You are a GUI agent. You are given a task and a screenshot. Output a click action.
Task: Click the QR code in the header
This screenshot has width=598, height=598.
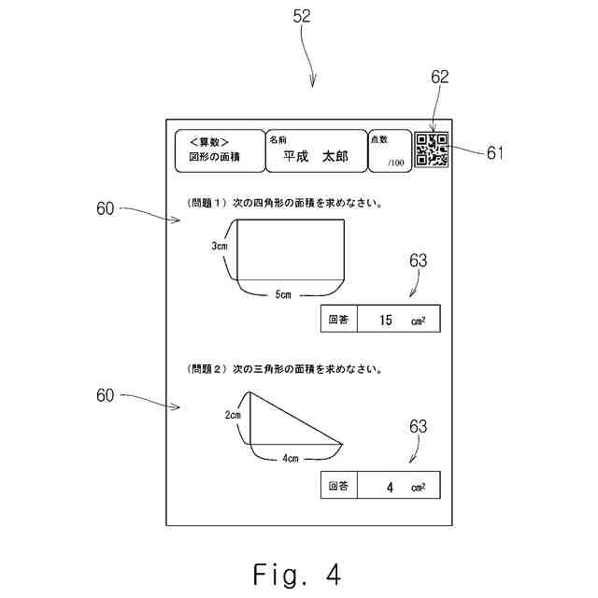(x=432, y=149)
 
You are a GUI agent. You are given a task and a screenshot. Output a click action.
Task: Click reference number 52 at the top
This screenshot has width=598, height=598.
(x=302, y=16)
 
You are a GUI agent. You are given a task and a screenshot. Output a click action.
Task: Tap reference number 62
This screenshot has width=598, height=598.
(x=440, y=77)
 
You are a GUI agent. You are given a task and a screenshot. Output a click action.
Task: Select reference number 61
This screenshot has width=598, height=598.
(x=495, y=153)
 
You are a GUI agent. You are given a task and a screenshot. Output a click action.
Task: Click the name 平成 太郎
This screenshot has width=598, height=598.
(x=316, y=156)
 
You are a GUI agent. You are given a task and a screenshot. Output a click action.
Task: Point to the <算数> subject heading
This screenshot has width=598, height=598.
(x=209, y=142)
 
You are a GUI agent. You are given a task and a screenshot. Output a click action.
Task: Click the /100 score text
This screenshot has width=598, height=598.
(x=396, y=163)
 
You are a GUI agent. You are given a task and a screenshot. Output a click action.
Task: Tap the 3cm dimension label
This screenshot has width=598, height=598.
(x=220, y=246)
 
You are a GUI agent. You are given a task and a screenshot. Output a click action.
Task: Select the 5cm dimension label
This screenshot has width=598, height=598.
(x=283, y=294)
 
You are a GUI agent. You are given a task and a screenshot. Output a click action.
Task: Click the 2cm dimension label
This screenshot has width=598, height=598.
(x=233, y=415)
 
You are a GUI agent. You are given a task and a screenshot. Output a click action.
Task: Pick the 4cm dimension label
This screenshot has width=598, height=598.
(x=291, y=458)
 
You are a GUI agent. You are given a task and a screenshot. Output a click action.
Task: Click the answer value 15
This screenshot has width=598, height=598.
(x=386, y=320)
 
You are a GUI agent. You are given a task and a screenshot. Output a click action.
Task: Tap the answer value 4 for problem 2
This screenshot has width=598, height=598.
(x=390, y=487)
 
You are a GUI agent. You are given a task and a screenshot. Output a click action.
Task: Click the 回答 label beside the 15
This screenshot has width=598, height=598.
(x=338, y=320)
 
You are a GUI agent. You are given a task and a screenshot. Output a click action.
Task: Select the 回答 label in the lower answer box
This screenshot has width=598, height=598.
(x=338, y=486)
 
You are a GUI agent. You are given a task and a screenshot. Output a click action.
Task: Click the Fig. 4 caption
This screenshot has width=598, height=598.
(x=297, y=575)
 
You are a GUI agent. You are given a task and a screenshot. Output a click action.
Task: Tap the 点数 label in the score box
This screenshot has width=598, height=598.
(x=379, y=139)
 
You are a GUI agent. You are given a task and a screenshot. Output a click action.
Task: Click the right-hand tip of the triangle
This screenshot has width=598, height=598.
(x=343, y=444)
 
